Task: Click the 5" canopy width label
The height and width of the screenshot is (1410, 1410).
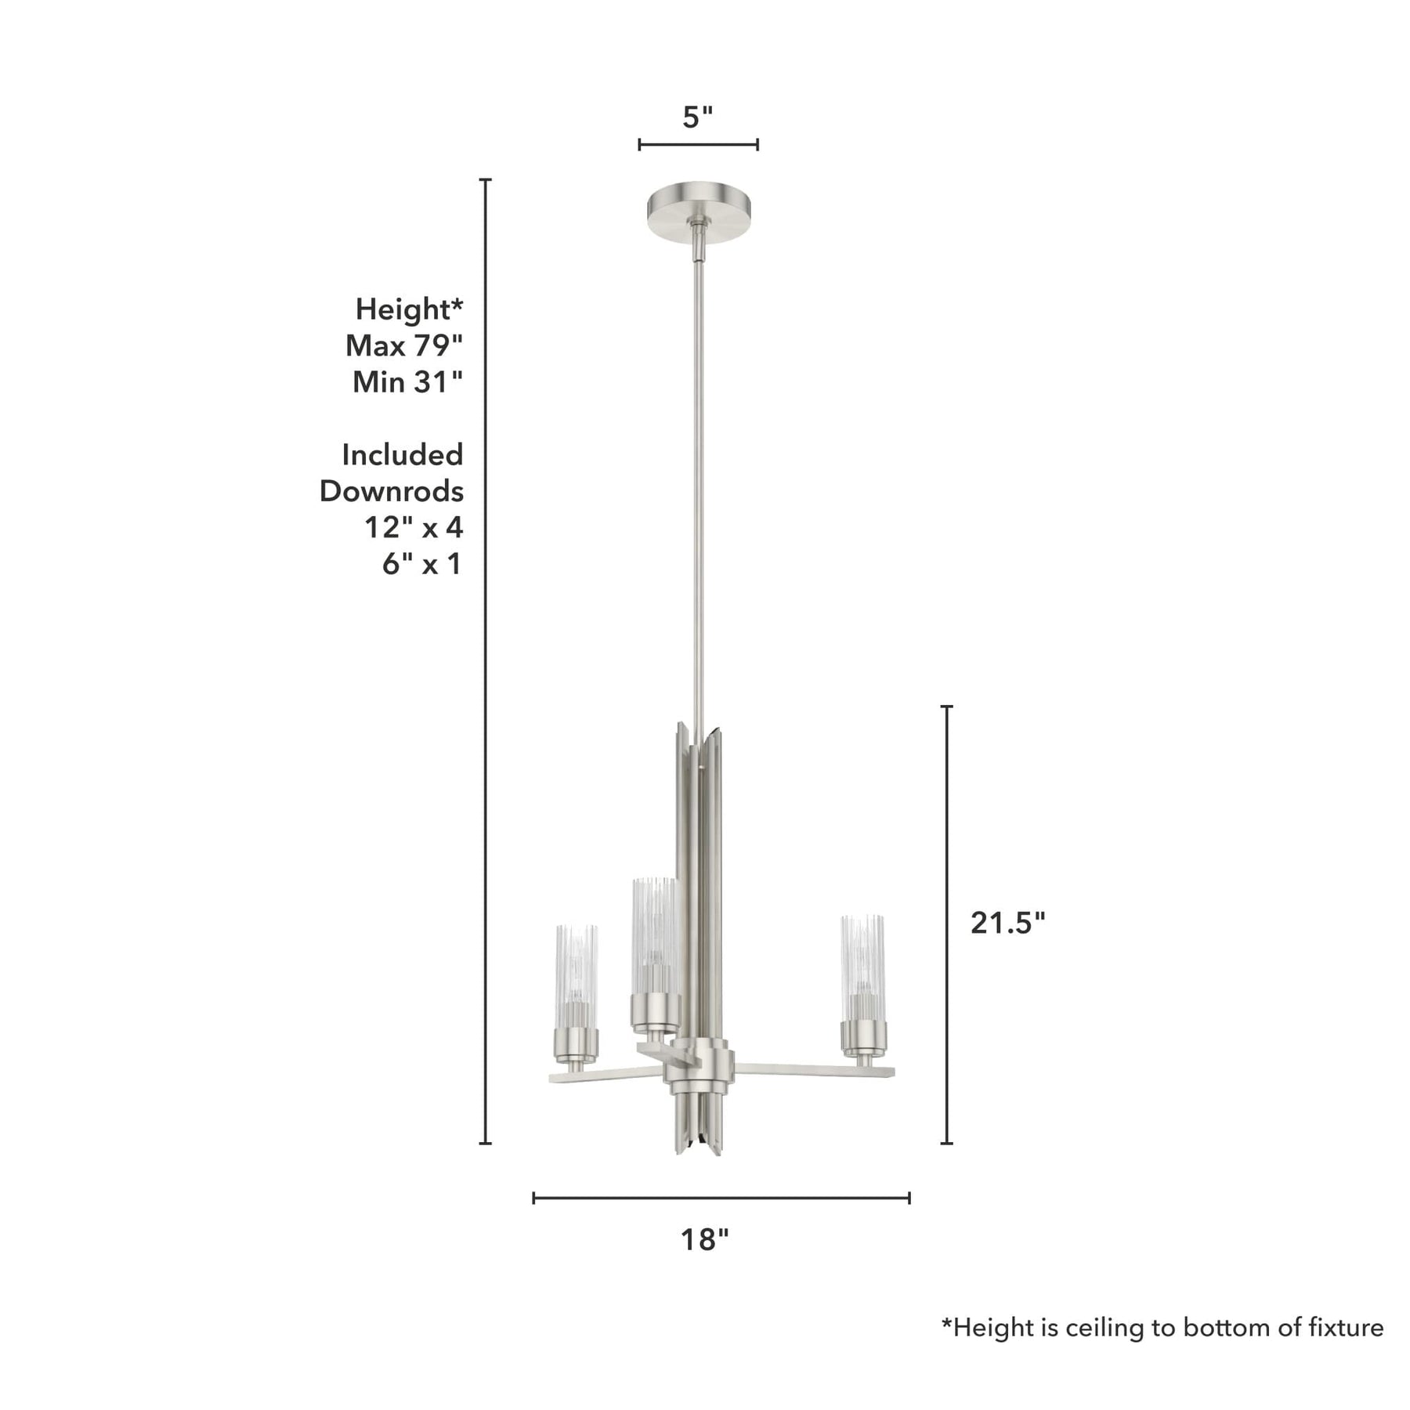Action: [698, 117]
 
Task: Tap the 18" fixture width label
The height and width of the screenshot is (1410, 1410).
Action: [704, 1239]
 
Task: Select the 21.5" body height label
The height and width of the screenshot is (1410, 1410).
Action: [1008, 924]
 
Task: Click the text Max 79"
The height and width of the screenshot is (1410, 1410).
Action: [404, 345]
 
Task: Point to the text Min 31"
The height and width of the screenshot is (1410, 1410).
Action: [407, 382]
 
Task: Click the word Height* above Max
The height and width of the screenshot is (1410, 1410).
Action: [409, 309]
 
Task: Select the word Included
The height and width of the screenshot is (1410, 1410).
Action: [403, 454]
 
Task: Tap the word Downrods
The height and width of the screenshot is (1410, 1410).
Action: [392, 491]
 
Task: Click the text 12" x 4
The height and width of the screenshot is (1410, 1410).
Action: [414, 527]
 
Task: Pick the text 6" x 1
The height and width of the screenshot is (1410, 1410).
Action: [422, 564]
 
